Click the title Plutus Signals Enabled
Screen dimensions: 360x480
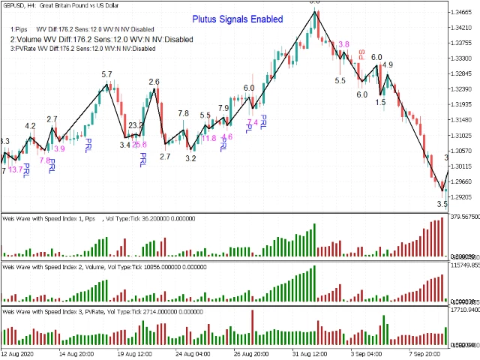tap(237, 19)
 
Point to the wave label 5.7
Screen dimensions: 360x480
tap(106, 75)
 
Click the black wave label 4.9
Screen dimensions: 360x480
tap(388, 65)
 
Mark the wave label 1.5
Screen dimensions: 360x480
tap(381, 101)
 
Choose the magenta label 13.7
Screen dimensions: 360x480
tap(15, 170)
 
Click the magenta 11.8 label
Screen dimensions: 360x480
tap(208, 138)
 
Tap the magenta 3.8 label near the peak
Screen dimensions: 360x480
tap(343, 45)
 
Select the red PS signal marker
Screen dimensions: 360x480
tap(361, 55)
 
